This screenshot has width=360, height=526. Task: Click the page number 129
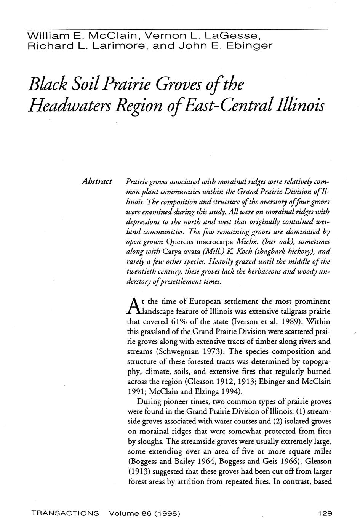(325, 513)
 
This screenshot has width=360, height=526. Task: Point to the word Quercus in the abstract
(179, 242)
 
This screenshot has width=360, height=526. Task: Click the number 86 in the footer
(142, 513)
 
